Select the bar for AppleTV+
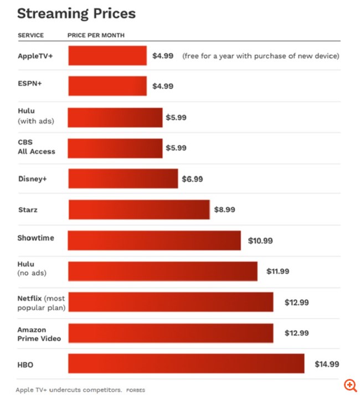107,55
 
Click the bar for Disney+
123,179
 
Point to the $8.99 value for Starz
225,210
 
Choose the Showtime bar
155,240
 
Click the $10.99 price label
260,241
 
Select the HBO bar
186,363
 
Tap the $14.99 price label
327,364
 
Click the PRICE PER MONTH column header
96,35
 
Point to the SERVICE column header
30,35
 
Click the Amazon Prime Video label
39,334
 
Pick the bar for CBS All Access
115,148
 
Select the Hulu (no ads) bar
163,271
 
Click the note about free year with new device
260,55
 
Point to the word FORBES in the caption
135,390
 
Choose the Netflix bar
171,302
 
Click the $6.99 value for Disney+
193,179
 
